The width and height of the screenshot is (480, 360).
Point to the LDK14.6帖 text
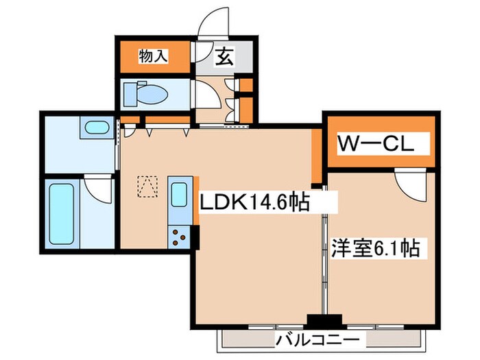pos(253,202)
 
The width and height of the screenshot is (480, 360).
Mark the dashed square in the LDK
pos(145,185)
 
